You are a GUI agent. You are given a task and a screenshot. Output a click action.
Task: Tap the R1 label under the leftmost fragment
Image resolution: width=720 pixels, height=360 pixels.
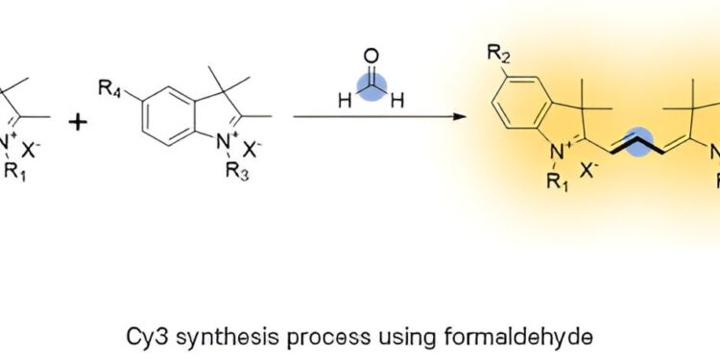tap(12, 175)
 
